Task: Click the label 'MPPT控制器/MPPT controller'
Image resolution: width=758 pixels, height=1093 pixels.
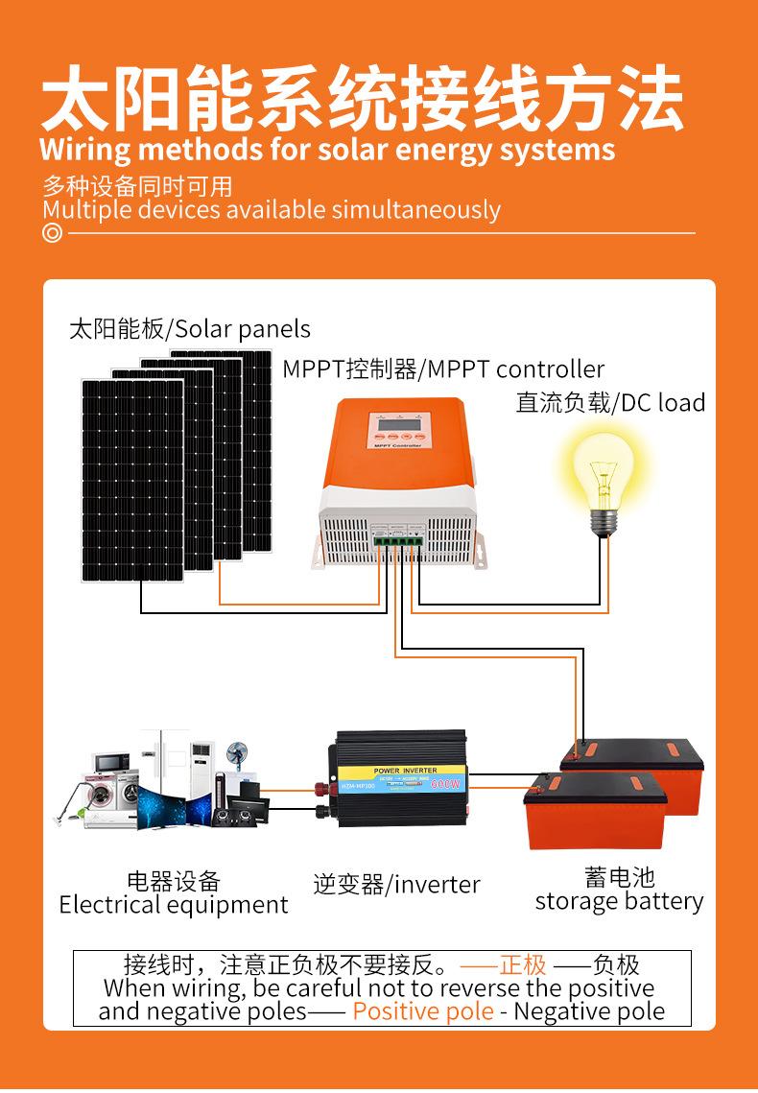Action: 443,369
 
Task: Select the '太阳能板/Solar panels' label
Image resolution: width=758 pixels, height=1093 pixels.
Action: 190,329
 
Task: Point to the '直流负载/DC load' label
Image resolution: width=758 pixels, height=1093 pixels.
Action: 610,402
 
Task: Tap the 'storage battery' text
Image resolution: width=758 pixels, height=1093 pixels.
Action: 619,901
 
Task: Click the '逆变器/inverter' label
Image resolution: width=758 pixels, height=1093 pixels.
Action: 396,884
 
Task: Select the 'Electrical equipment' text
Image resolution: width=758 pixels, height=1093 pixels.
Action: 174,905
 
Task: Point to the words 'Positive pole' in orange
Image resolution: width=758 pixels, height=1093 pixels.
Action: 423,1010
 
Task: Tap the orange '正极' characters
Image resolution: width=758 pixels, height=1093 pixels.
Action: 523,964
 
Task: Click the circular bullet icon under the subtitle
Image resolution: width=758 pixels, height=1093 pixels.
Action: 52,233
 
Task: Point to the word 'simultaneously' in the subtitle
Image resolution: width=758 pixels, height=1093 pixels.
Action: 415,210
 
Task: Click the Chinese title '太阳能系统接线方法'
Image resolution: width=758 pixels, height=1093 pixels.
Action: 362,99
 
